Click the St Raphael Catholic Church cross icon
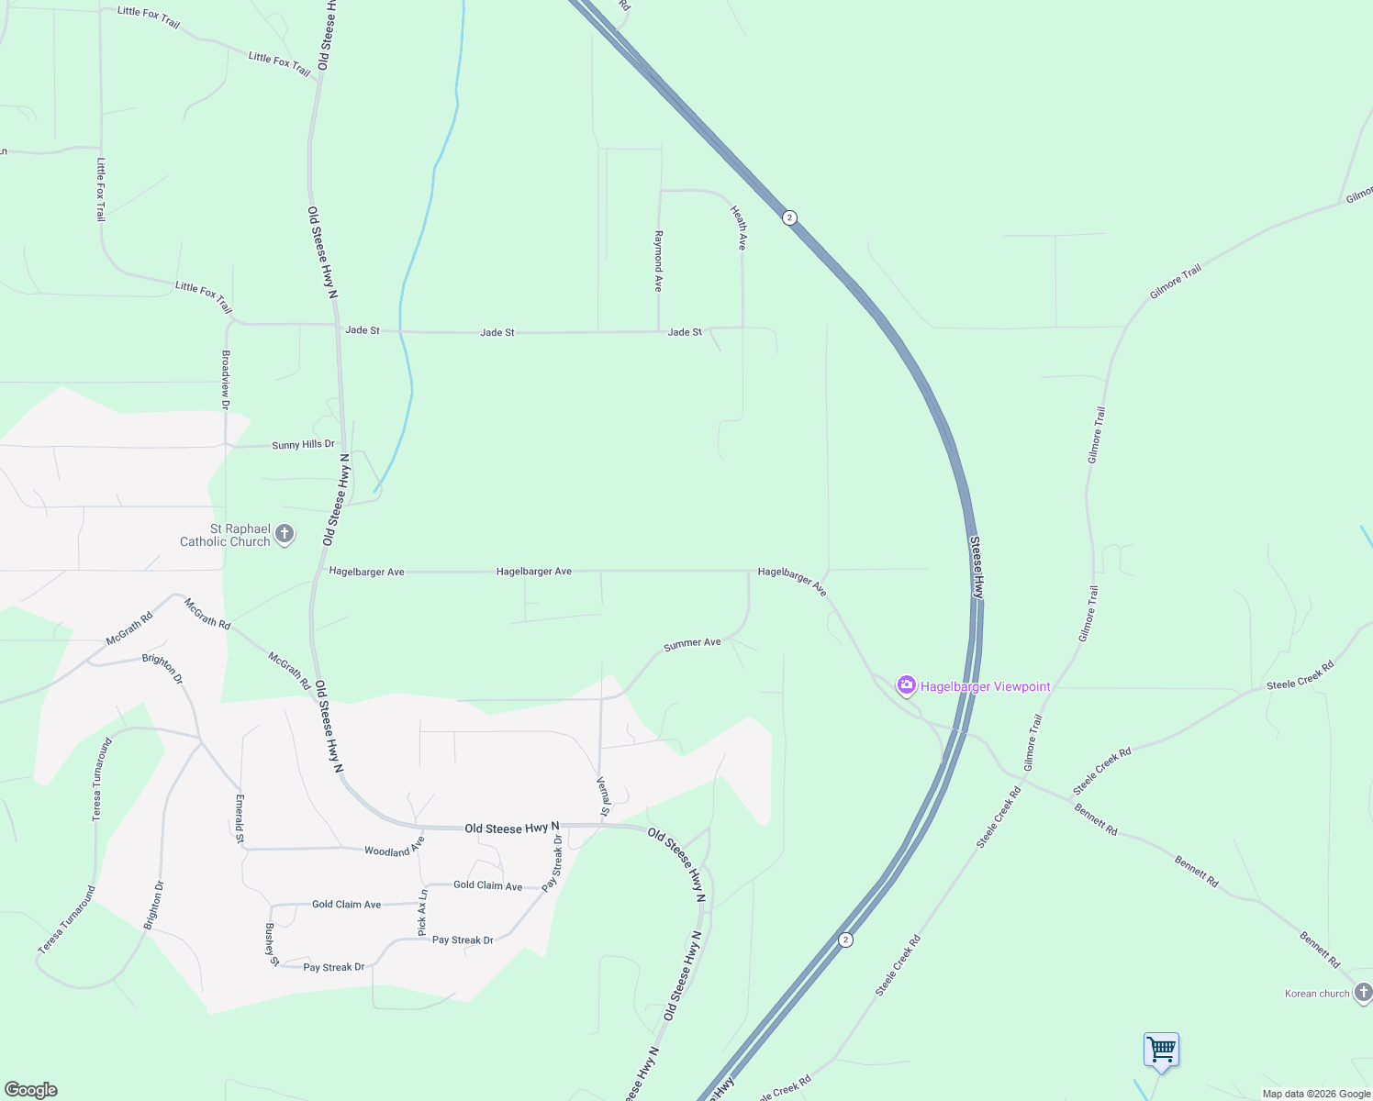(x=285, y=533)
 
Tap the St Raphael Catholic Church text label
(x=226, y=535)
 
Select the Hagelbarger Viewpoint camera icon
(x=907, y=685)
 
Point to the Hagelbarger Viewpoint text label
(x=986, y=686)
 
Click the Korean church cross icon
(x=1363, y=992)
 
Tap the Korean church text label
(x=1317, y=994)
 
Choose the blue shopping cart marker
(x=1161, y=1050)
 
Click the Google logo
(x=31, y=1090)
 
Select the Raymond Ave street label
(x=658, y=261)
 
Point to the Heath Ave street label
(x=739, y=228)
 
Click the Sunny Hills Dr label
(x=303, y=445)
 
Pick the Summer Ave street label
(x=692, y=643)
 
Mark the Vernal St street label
(x=603, y=796)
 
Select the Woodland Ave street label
(x=394, y=851)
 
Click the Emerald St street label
(x=240, y=819)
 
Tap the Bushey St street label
(x=272, y=945)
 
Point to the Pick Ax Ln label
(x=422, y=913)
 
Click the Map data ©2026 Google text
(x=1316, y=1094)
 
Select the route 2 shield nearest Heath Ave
(x=789, y=217)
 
